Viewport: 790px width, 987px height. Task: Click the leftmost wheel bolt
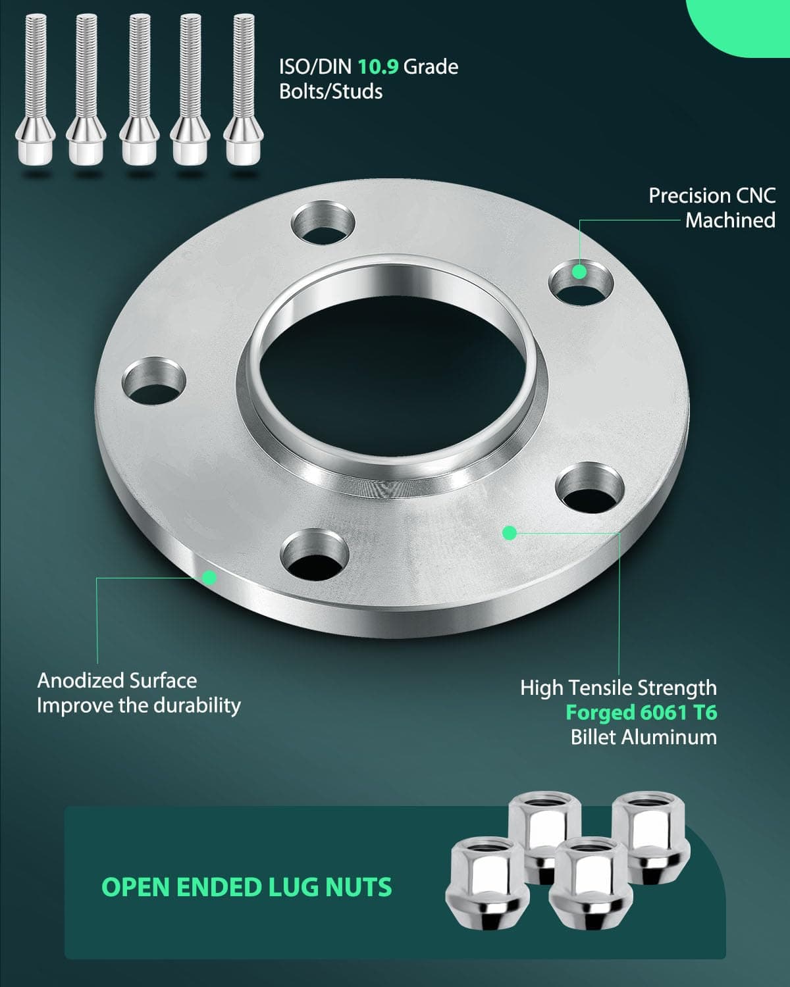coord(36,89)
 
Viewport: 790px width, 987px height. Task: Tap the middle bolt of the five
coord(140,89)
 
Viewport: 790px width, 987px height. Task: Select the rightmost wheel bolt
coord(244,89)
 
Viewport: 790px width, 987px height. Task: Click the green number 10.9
coord(378,67)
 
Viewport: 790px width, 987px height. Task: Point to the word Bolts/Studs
coord(330,91)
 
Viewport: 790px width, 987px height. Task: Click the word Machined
coord(730,220)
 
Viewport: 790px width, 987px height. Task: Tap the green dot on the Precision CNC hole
coord(579,272)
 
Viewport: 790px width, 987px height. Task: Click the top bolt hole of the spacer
coord(323,223)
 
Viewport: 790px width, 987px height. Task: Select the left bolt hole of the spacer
coord(154,381)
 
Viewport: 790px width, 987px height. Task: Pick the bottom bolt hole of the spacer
coord(315,555)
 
